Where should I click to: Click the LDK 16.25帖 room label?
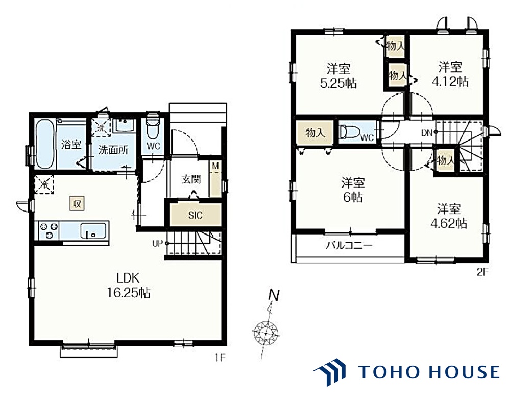[129, 285]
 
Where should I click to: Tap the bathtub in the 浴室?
[45, 144]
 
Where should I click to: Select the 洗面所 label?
[113, 149]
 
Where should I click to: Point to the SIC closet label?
[195, 215]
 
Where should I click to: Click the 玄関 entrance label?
[191, 179]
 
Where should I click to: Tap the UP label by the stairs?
[157, 244]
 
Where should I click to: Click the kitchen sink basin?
[93, 231]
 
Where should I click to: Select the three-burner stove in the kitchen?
[49, 230]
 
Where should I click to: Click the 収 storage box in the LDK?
[77, 203]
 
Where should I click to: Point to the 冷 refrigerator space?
[44, 184]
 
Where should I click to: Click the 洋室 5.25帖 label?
[338, 76]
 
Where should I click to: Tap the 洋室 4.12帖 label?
[450, 74]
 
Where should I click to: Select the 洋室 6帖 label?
[353, 190]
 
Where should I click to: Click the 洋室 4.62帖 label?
[449, 216]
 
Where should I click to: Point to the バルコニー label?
[349, 245]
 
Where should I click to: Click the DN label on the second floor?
[426, 133]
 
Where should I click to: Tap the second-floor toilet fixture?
[350, 132]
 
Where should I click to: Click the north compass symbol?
[267, 331]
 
